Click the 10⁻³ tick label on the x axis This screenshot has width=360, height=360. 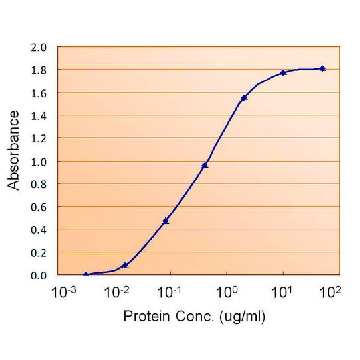pos(60,292)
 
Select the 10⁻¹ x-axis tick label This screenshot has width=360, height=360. pos(170,292)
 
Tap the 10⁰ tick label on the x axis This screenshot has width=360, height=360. pos(227,292)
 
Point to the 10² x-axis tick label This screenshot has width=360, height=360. pos(331,292)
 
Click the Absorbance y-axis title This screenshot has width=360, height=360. pos(14,151)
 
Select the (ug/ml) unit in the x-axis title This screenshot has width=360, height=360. pos(242,316)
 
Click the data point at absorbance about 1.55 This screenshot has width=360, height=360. pos(244,98)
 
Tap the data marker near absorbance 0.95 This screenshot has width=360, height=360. pos(205,165)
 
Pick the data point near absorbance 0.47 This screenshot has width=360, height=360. pos(166,221)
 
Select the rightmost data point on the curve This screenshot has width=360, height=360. pos(322,69)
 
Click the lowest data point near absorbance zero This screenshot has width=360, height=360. pos(86,274)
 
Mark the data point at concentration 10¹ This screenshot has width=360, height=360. pos(283,73)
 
